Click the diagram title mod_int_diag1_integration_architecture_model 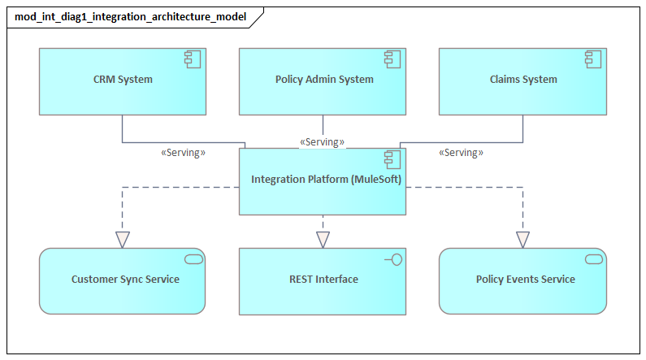tap(130, 16)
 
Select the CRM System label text tap(123, 80)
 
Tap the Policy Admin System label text tap(324, 80)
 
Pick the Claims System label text tap(523, 80)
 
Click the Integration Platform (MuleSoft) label tap(326, 180)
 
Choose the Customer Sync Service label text tap(125, 280)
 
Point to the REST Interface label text tap(323, 280)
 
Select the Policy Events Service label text tap(525, 280)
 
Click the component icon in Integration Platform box tap(393, 158)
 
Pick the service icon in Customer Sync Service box tap(193, 258)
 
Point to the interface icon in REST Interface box tap(395, 258)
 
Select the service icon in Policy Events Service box tap(594, 258)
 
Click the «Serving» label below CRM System tap(184, 152)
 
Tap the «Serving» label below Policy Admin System tap(323, 141)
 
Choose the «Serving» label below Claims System tap(461, 152)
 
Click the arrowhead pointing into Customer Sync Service tap(123, 240)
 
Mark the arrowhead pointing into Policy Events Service tap(522, 240)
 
